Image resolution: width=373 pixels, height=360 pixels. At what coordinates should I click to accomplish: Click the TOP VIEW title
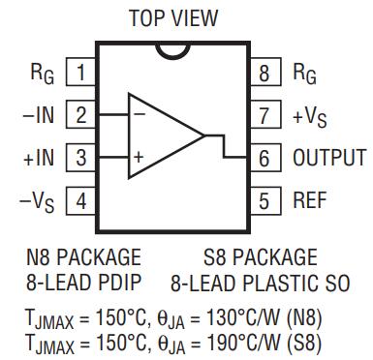point(173,18)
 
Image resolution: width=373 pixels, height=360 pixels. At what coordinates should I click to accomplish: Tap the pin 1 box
point(80,72)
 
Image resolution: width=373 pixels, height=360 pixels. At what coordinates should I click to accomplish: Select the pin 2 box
point(80,114)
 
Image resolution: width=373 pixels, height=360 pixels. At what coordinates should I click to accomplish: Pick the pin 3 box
point(80,158)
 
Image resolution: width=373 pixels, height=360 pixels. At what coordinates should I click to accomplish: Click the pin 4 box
point(80,200)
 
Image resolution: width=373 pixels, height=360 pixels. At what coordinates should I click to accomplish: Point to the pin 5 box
point(265,200)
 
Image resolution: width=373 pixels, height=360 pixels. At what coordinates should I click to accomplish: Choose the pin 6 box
point(265,158)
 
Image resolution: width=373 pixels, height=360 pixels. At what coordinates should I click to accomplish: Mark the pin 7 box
point(265,114)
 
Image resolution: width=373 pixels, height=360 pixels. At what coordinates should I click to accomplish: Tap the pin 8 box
point(265,72)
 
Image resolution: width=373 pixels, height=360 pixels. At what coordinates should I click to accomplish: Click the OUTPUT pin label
point(329,158)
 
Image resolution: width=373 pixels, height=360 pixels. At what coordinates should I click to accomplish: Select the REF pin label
point(310,200)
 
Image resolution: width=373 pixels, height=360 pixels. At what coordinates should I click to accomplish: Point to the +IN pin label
point(39,158)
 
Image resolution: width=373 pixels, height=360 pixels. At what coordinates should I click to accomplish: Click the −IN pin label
point(39,114)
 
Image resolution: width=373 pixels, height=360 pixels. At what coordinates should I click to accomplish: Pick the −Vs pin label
point(37,202)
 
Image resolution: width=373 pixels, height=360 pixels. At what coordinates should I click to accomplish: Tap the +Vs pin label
point(310,117)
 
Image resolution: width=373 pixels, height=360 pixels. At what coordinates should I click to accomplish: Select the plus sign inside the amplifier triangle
point(139,158)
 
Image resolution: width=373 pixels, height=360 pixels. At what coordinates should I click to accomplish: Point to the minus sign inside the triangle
point(140,114)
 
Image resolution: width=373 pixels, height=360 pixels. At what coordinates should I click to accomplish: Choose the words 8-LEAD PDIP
point(83,283)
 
